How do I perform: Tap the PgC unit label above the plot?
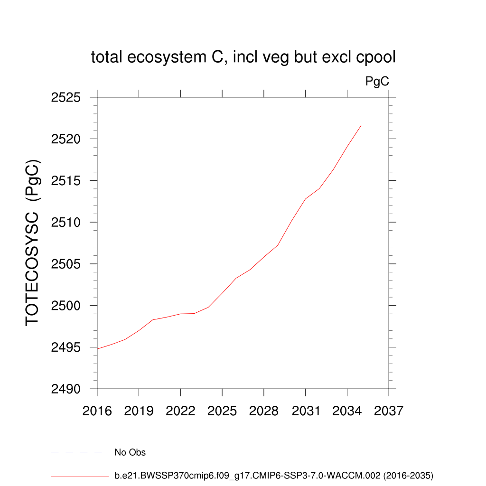(x=377, y=82)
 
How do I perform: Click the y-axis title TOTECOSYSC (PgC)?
(x=33, y=243)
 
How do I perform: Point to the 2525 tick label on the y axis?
(x=66, y=98)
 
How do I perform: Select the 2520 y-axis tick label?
(x=66, y=140)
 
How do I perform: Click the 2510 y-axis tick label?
(x=66, y=223)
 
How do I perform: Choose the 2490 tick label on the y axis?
(x=66, y=389)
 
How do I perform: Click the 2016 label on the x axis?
(x=97, y=411)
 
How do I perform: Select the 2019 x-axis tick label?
(x=139, y=411)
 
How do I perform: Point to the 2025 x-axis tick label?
(x=222, y=411)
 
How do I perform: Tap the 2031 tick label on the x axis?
(x=305, y=411)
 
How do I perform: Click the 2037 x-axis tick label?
(x=389, y=411)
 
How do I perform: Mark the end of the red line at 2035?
(x=361, y=126)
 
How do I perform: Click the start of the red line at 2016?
(x=97, y=349)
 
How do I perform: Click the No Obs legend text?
(x=130, y=452)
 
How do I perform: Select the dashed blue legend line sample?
(x=76, y=452)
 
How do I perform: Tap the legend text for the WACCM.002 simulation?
(x=274, y=475)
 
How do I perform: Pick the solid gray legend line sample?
(x=80, y=476)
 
